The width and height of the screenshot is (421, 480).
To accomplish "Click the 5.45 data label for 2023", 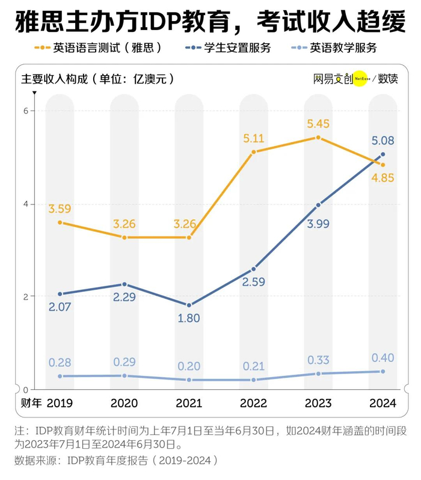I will (x=318, y=123).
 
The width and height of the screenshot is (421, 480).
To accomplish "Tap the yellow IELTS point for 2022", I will (x=254, y=152).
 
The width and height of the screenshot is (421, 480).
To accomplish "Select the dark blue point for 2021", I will (x=189, y=306).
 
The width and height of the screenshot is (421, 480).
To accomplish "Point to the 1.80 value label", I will (x=189, y=319).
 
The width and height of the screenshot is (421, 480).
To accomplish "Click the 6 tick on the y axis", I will (x=25, y=111).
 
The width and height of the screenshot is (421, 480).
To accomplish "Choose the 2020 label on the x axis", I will (x=124, y=403).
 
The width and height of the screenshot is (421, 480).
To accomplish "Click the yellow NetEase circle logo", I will (x=359, y=79).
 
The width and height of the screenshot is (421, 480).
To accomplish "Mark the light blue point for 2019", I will (x=60, y=376).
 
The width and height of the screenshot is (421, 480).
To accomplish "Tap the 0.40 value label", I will (x=383, y=358).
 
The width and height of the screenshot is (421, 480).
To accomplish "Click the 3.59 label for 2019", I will (x=60, y=210).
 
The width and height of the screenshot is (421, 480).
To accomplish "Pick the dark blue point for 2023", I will (x=318, y=205).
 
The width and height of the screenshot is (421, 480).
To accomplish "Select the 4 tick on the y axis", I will (x=25, y=204).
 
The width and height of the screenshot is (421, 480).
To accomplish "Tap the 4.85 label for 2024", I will (x=383, y=178).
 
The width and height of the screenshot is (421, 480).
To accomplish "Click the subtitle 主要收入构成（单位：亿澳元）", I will (x=98, y=79).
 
